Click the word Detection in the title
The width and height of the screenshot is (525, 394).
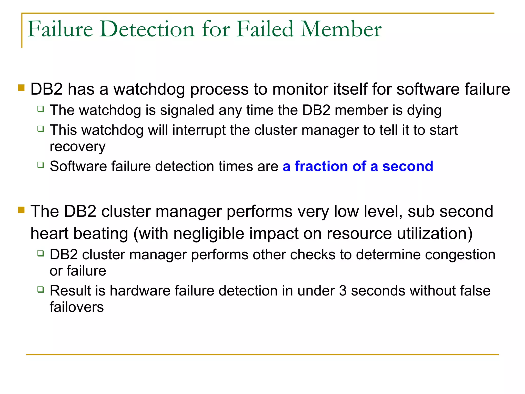pyautogui.click(x=147, y=29)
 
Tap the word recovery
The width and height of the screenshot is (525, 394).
pyautogui.click(x=77, y=147)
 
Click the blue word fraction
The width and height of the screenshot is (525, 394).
pyautogui.click(x=321, y=166)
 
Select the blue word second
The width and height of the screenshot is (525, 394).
pyautogui.click(x=408, y=166)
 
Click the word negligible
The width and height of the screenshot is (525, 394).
pyautogui.click(x=209, y=234)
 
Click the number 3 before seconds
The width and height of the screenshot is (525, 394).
pyautogui.click(x=343, y=291)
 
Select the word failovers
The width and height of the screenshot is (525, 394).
pyautogui.click(x=77, y=307)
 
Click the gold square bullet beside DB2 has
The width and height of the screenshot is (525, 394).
pyautogui.click(x=21, y=88)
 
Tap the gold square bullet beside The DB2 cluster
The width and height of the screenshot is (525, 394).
pyautogui.click(x=21, y=210)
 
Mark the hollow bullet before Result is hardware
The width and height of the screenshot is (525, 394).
pyautogui.click(x=41, y=290)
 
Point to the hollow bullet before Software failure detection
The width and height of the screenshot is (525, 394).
pyautogui.click(x=41, y=165)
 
